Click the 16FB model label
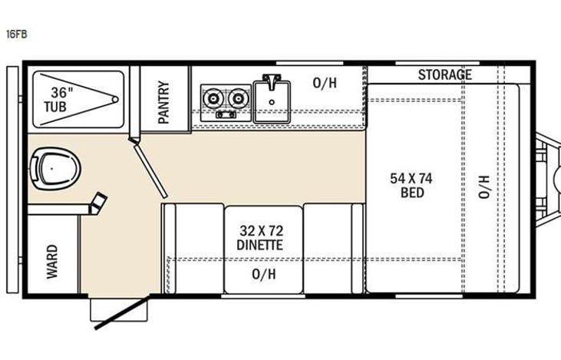point(16,34)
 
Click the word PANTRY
point(163,102)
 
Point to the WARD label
point(52,261)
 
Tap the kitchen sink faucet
point(271,81)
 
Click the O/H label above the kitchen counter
point(325,82)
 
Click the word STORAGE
point(444,74)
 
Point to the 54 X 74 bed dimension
point(411,178)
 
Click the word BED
point(412,193)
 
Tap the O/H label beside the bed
point(483,187)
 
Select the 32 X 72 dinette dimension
point(260,230)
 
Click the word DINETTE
point(260,245)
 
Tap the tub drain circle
point(114,99)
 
